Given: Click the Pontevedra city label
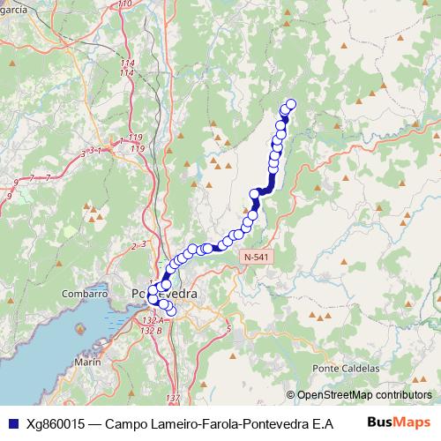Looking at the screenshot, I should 164,294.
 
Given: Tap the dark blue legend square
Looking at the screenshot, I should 12,423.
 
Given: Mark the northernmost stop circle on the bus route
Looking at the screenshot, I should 290,105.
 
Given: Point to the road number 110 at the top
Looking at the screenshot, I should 124,4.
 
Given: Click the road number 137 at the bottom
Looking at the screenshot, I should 172,400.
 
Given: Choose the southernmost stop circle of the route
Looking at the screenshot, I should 170,310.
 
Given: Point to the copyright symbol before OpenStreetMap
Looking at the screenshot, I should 292,395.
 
